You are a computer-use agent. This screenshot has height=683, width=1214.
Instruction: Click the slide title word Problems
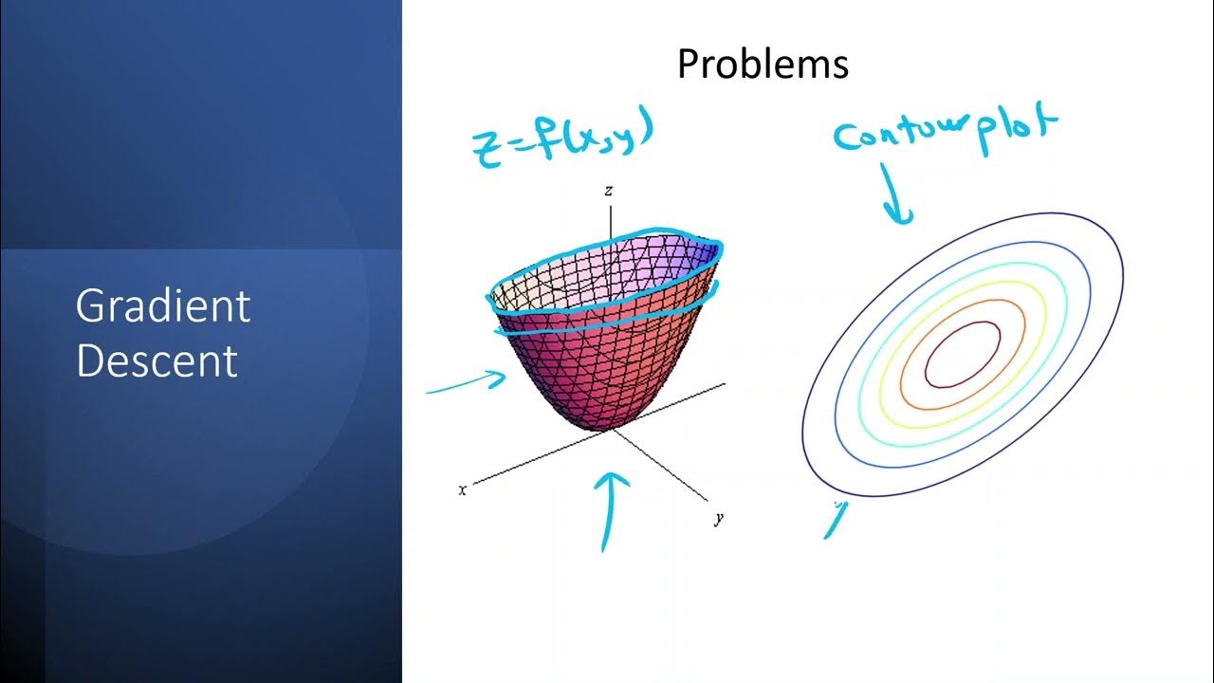pos(763,65)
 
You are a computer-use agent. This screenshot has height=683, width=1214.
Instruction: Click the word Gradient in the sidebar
pos(162,306)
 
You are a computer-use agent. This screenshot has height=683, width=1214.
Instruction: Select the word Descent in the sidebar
pos(156,361)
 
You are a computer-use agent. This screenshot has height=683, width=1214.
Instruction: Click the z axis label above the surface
pos(609,192)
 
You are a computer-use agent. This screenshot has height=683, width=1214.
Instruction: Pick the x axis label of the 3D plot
pos(463,490)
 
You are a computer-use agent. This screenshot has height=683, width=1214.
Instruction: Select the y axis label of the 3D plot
pos(720,518)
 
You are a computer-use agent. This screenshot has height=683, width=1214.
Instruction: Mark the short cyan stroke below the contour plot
pos(835,521)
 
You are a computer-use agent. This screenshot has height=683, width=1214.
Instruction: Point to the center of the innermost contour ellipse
pos(962,354)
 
